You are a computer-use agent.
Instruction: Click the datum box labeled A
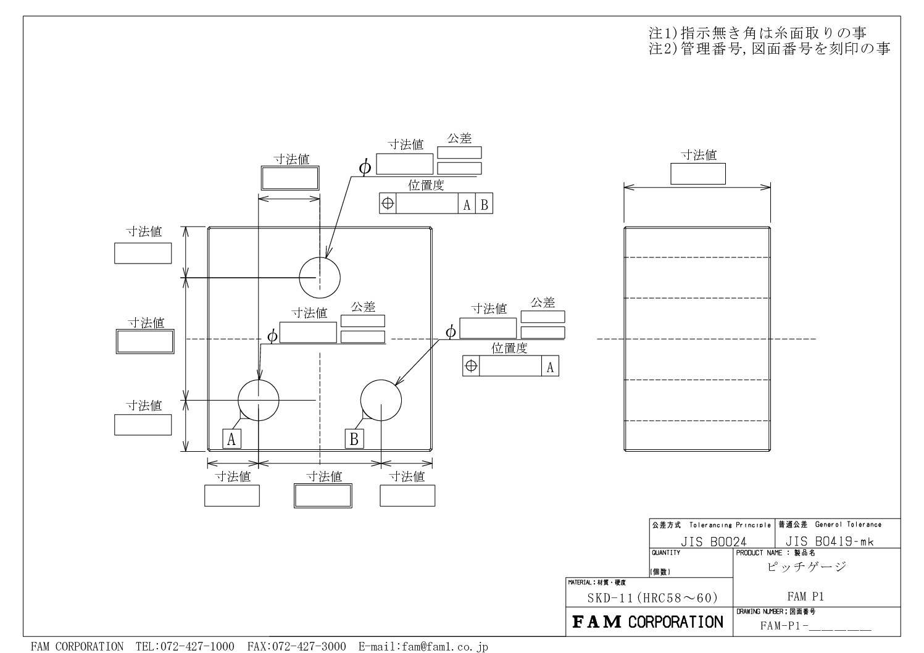[232, 438]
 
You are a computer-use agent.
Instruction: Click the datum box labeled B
[354, 438]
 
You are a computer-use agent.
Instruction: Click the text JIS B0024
[713, 541]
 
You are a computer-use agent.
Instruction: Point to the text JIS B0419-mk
[830, 541]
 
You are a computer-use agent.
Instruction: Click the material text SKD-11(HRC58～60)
[652, 597]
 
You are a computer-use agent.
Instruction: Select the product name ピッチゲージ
[807, 567]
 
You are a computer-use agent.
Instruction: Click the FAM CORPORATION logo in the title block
[647, 622]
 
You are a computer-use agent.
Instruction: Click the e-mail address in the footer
[423, 646]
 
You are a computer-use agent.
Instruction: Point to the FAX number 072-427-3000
[297, 646]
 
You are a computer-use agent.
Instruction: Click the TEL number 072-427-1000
[185, 646]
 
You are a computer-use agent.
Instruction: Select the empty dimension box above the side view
[698, 173]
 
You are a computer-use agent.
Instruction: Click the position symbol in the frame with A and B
[388, 203]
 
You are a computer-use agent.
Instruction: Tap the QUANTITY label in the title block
[666, 552]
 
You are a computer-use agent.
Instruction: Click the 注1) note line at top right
[757, 33]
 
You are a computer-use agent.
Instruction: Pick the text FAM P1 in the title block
[805, 596]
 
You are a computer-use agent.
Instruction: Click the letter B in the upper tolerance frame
[485, 205]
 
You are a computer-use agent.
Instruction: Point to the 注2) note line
[769, 49]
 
